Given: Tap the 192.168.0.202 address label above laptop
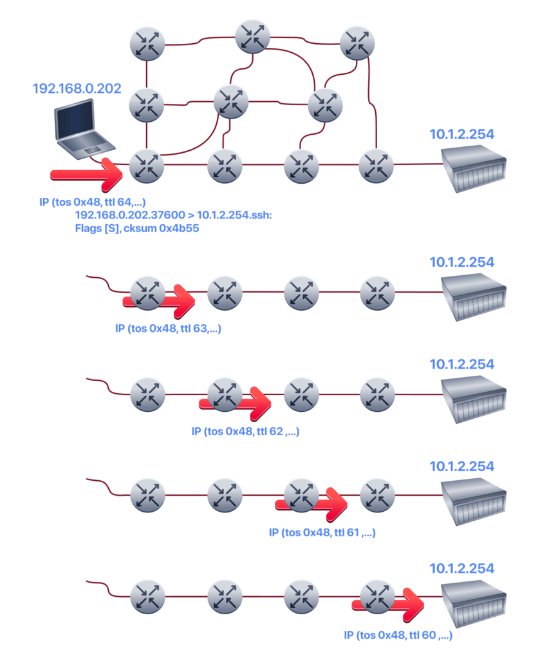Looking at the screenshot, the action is pos(77,88).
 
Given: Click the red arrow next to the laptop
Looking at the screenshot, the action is pos(87,175).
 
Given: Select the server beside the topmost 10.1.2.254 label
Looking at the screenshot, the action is pos(473,168).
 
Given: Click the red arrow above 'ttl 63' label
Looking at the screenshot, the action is pos(159,301).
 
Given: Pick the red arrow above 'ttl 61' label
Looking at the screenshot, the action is pos(312,505).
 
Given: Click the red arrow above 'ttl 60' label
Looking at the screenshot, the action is pos(388,605).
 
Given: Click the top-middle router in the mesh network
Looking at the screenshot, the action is pos(252,37).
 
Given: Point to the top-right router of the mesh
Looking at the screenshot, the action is pos(357,43).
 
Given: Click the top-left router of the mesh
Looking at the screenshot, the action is pos(147,43).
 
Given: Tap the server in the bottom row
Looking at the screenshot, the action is pos(473,603).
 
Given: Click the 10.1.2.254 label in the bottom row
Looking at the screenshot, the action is pos(461,568).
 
